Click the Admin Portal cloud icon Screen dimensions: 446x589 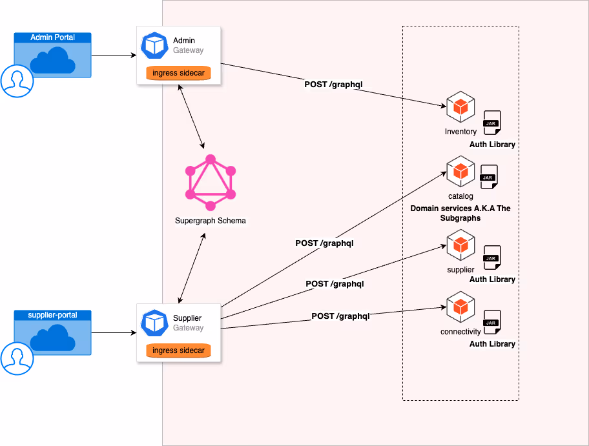point(52,61)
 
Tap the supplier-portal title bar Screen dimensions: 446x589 point(52,315)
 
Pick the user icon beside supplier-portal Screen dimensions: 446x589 point(17,359)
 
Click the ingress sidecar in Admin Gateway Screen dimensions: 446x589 point(178,73)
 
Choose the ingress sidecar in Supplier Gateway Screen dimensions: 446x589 point(178,351)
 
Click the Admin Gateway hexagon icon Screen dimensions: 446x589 point(155,45)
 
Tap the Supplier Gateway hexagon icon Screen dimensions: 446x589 point(155,323)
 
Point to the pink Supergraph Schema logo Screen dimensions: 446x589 point(210,183)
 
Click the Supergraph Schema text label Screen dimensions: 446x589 point(211,221)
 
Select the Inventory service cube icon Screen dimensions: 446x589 point(460,108)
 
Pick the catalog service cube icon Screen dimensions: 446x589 point(460,171)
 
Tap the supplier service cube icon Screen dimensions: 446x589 point(460,245)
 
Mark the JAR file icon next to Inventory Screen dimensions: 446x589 point(492,123)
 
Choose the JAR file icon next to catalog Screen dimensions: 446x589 point(489,177)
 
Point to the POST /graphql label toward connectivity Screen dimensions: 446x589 point(340,316)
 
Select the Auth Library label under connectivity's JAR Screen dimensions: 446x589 point(492,344)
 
